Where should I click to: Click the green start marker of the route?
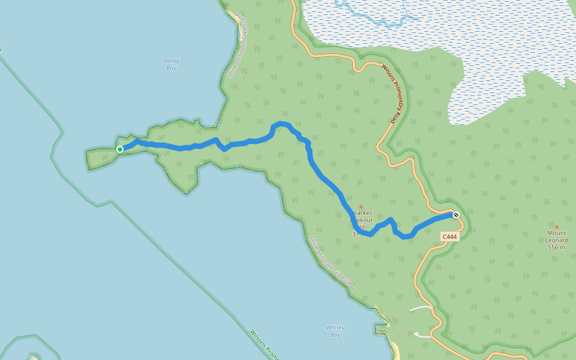point(120,149)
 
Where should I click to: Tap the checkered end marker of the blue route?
point(456,215)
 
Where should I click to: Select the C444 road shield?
point(449,237)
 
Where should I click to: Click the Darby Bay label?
point(171,64)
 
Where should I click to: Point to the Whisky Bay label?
point(335,331)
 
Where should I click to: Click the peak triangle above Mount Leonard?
point(556,227)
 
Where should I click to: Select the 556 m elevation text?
point(557,247)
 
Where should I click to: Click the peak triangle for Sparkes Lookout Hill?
point(361,207)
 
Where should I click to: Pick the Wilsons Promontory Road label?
point(395,94)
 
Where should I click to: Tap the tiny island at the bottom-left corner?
point(32,357)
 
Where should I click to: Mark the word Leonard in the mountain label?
point(557,241)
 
